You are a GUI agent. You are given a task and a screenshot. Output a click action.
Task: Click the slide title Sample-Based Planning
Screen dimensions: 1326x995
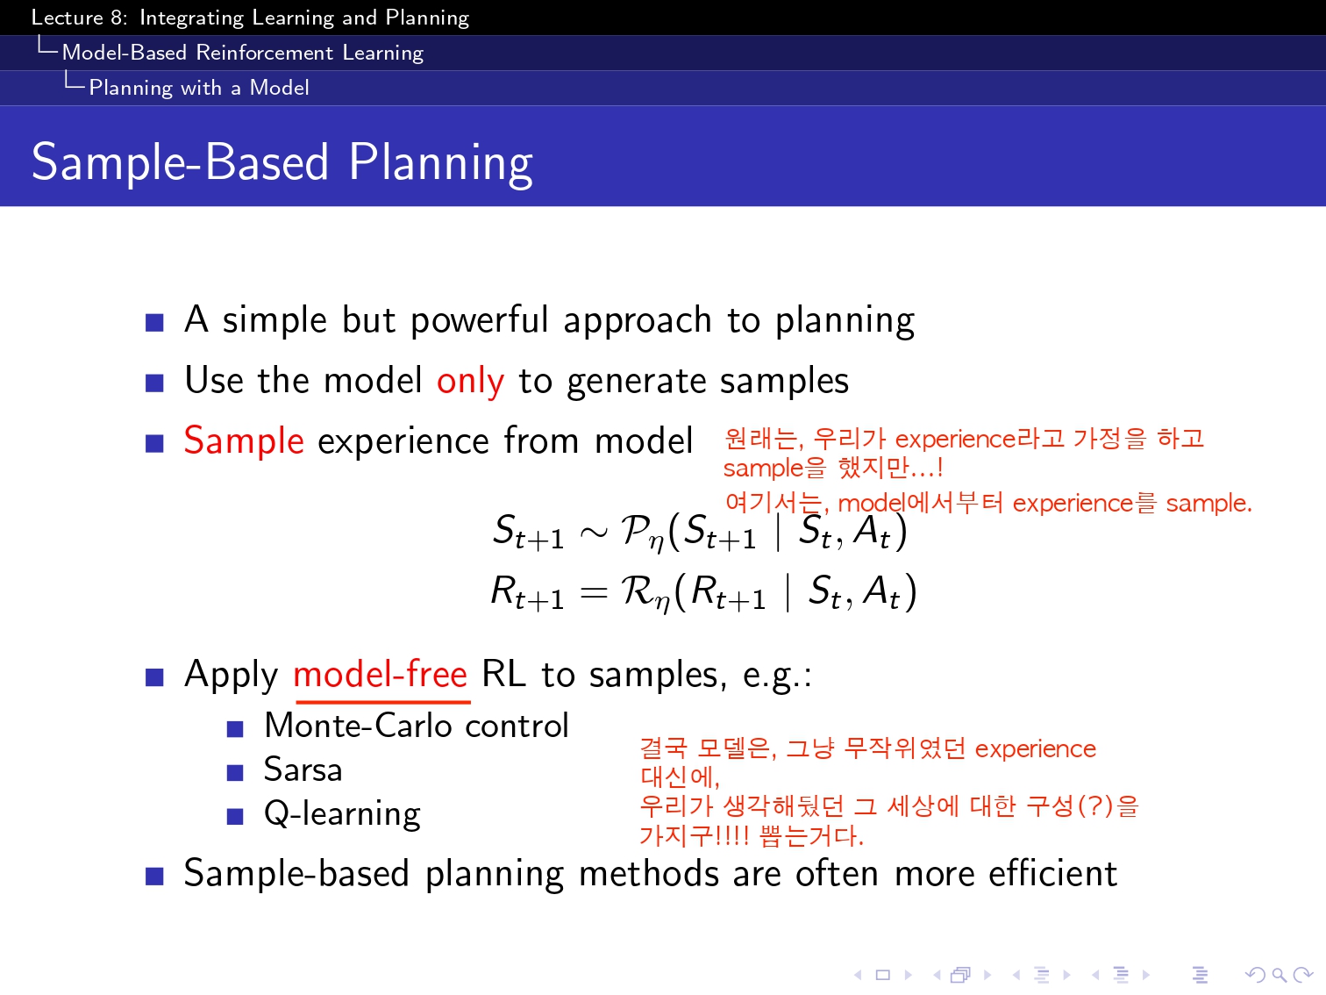point(282,163)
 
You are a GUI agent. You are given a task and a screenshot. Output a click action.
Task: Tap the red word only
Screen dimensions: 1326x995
point(470,382)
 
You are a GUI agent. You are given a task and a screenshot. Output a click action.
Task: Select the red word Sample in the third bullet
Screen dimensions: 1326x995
point(244,441)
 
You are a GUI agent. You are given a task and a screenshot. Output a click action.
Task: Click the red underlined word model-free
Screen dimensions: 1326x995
point(381,674)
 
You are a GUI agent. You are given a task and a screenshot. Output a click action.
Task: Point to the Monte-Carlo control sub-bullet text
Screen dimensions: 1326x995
point(417,725)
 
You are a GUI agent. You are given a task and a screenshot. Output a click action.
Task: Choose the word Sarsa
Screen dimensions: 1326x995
point(303,770)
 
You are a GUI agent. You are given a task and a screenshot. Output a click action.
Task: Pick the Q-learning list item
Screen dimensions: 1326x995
point(342,813)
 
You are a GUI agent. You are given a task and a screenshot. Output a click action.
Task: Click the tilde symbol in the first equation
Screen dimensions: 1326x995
point(593,533)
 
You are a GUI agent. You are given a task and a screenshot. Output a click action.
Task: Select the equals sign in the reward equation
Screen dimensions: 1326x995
point(593,593)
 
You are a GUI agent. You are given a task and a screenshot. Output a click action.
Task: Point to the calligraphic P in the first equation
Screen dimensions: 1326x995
point(637,530)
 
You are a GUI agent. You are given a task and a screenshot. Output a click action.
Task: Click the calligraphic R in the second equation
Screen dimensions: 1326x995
point(638,591)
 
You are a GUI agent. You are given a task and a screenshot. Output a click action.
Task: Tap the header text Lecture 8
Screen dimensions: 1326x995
point(79,18)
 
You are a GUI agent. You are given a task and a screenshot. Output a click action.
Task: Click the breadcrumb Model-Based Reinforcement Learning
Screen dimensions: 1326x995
point(243,53)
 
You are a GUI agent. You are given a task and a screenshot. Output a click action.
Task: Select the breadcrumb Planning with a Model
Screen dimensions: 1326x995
point(199,88)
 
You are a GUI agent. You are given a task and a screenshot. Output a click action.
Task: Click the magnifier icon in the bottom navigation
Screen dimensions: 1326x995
point(1279,975)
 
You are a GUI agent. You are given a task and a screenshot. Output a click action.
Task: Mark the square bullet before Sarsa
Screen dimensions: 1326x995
point(235,773)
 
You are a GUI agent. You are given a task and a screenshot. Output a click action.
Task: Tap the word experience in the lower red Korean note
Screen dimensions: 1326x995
point(1035,749)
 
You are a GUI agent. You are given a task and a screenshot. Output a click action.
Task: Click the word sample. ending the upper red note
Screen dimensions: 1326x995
point(1208,504)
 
